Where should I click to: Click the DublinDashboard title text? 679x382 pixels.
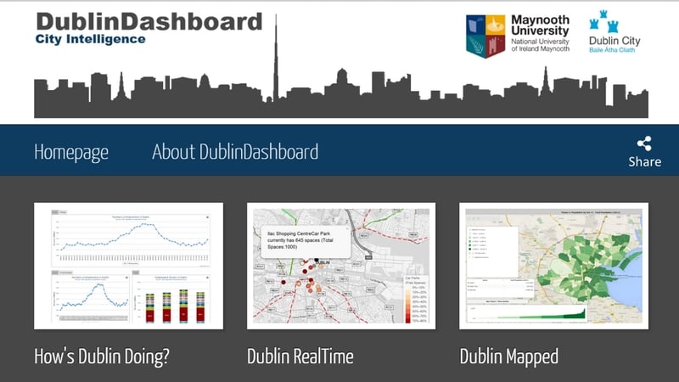149,20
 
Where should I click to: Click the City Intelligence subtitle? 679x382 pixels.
90,39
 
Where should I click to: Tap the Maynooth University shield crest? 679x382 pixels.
485,36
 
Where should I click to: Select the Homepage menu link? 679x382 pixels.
71,152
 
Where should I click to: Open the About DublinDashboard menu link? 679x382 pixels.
235,152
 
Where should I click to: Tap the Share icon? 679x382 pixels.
644,144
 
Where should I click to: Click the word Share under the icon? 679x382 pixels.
644,162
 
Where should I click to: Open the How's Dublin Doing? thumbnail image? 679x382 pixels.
128,265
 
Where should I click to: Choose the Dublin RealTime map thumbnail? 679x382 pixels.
341,265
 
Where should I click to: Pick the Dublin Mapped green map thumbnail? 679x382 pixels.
553,265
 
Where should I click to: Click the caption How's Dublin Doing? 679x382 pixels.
102,356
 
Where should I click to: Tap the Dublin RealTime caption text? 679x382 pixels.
300,356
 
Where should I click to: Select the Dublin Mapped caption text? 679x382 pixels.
509,356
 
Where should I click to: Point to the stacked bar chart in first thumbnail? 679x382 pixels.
175,301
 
